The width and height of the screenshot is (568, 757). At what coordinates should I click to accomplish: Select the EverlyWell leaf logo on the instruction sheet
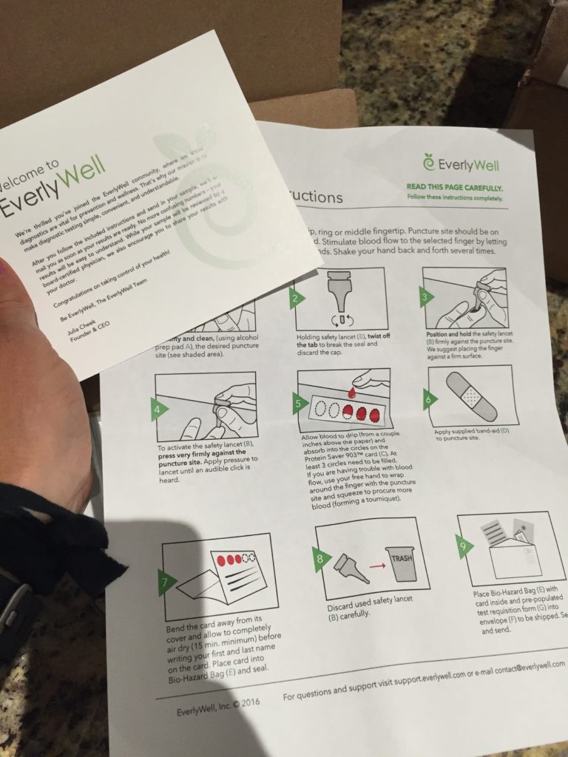tap(428, 160)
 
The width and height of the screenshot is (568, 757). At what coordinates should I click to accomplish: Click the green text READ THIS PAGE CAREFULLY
tap(455, 188)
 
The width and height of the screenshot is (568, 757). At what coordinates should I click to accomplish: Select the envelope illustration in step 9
tap(508, 556)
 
